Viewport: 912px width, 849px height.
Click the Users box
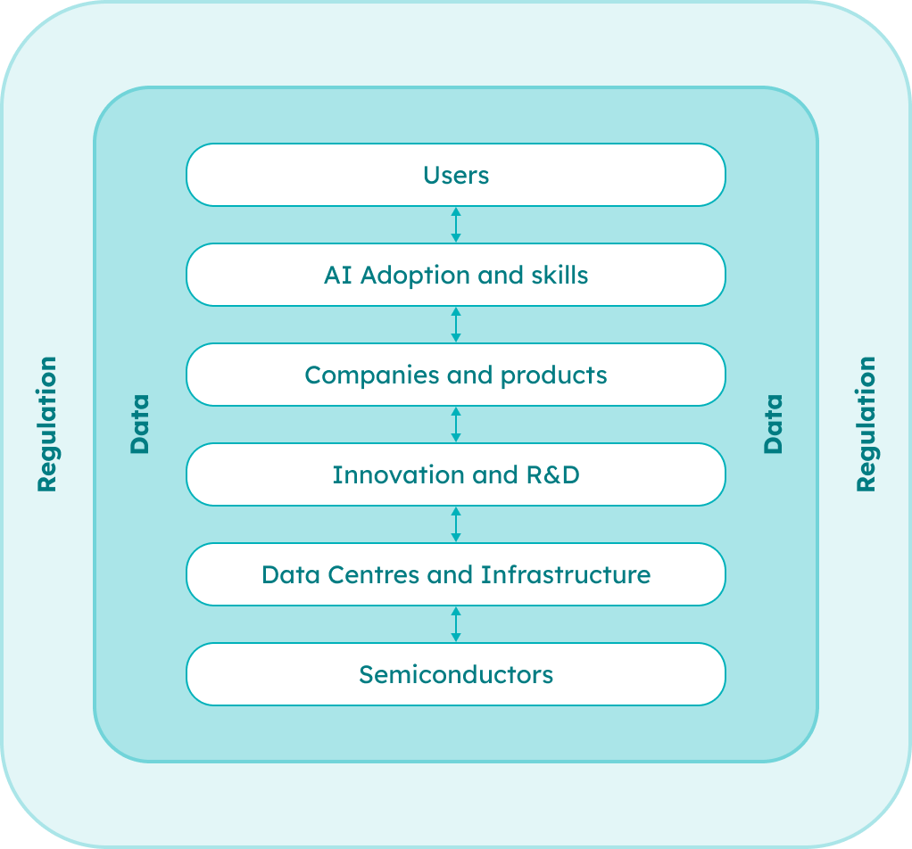456,175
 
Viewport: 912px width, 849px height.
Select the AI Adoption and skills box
456,275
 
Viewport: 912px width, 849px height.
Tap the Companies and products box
456,375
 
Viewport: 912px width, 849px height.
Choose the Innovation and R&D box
456,474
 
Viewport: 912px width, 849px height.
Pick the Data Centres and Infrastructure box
456,574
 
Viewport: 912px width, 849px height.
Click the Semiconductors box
456,674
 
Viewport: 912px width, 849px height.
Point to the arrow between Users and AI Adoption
456,225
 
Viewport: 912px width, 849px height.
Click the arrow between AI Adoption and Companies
456,325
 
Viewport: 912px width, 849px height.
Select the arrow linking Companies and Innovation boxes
456,424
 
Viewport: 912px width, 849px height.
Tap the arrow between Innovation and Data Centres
456,524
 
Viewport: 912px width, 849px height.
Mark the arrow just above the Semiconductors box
456,624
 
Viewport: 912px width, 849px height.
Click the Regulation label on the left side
46,424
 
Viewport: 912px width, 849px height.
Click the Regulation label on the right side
866,424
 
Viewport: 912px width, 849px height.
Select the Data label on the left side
140,424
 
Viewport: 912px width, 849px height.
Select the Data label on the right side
773,424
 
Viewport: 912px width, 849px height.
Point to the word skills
559,275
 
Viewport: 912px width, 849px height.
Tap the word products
553,375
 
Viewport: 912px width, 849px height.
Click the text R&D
551,474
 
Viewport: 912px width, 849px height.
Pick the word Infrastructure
566,574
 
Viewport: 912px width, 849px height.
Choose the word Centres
375,574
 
